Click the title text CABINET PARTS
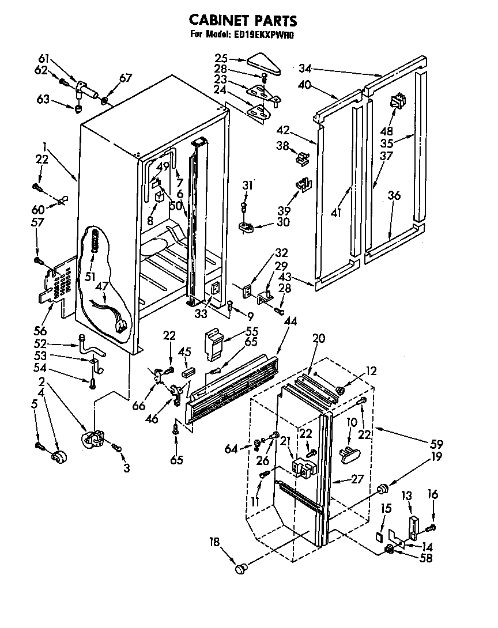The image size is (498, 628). pos(243,20)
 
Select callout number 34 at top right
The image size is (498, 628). pos(305,69)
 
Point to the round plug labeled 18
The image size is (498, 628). pos(241,569)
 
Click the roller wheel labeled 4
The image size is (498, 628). pos(58,458)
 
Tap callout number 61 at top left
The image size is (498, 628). pos(44,58)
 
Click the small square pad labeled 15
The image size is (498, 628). pos(378,535)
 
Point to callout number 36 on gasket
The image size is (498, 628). pos(395,196)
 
